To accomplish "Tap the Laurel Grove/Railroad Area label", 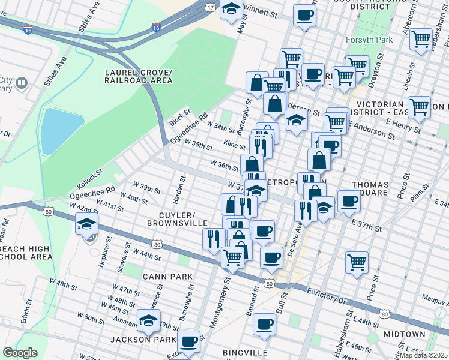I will point(138,76).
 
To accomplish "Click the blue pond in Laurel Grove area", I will point(61,131).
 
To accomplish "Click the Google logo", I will point(20,353).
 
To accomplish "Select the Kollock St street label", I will point(90,175).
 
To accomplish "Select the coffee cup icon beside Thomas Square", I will point(348,201).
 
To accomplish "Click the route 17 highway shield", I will point(209,8).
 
